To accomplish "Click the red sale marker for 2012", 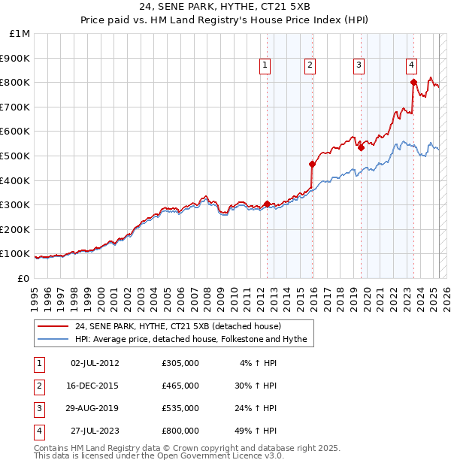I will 268,204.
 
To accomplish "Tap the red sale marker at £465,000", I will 313,164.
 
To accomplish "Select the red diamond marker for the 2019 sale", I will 362,147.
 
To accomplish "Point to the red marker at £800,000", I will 413,82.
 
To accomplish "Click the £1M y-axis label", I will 20,34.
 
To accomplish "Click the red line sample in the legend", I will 54,326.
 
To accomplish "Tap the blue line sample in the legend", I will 54,339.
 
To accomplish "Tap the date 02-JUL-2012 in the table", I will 95,363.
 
